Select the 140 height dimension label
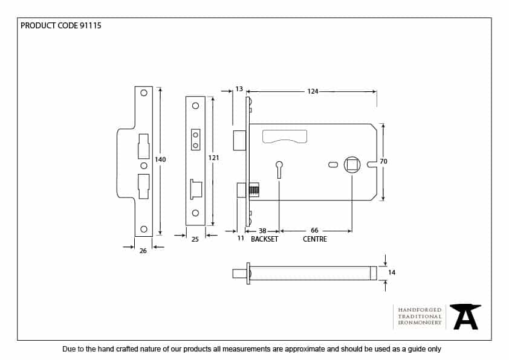click(160, 159)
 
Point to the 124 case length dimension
click(313, 91)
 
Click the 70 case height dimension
click(383, 161)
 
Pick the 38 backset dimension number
click(262, 231)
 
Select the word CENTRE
click(314, 239)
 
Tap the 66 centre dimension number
click(314, 231)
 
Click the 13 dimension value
click(239, 89)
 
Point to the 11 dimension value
click(240, 239)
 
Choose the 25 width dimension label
click(195, 240)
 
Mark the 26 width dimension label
click(143, 251)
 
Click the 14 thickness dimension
click(392, 273)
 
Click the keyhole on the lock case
click(279, 167)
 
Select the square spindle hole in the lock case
click(352, 164)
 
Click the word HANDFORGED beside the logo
click(420, 309)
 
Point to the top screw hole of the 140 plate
click(144, 93)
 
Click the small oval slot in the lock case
click(333, 164)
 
